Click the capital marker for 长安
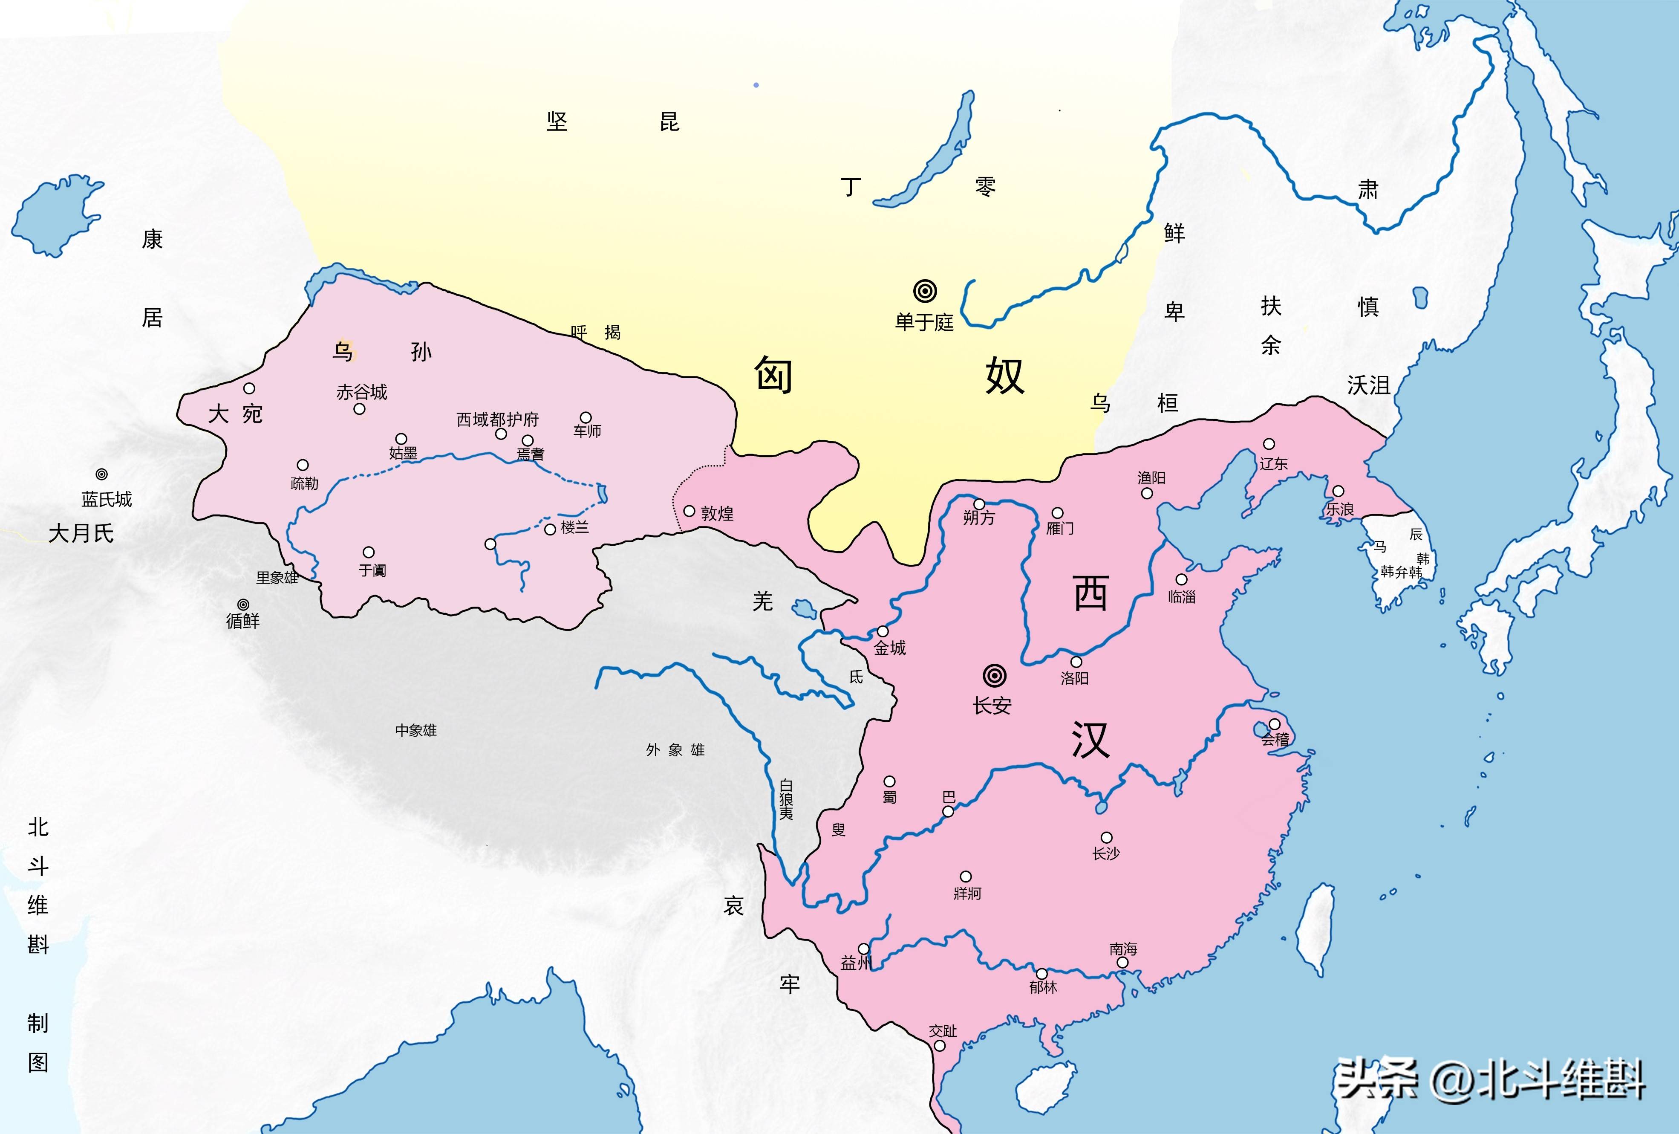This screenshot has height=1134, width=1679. pos(994,676)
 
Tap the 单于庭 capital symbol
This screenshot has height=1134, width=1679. pos(925,291)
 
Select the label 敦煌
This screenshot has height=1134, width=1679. pos(717,514)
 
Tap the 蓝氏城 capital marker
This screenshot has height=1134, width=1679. pos(102,474)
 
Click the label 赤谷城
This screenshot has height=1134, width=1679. pos(361,393)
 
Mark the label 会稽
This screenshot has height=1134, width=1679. pos(1275,739)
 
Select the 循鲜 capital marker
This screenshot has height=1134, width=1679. pos(243,604)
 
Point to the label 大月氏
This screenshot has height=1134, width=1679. pos(81,533)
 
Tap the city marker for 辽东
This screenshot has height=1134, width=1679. pos(1269,444)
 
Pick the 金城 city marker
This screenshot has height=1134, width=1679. pos(882,632)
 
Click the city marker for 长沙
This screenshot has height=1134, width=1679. pos(1106,838)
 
